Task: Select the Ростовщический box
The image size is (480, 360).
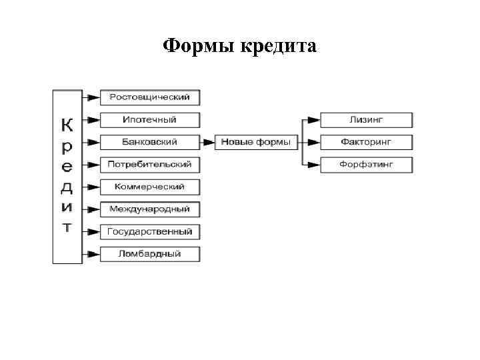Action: (149, 97)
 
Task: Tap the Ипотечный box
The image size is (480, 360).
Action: (149, 120)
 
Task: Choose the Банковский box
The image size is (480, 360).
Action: (149, 142)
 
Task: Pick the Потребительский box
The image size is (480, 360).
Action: (149, 164)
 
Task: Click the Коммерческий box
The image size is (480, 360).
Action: (149, 187)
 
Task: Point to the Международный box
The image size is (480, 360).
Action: (149, 209)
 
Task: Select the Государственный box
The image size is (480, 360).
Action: (149, 232)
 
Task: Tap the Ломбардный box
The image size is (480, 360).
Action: (149, 254)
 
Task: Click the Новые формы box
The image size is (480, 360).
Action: (256, 142)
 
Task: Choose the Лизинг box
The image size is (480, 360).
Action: (366, 120)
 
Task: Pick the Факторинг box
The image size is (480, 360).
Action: (366, 142)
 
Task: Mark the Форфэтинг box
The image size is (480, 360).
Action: (366, 164)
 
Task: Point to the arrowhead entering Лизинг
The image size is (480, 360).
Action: (314, 120)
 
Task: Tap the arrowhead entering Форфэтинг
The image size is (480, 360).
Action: (314, 164)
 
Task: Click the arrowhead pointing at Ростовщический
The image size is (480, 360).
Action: (94, 97)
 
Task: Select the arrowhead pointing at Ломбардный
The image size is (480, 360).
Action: (94, 254)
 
